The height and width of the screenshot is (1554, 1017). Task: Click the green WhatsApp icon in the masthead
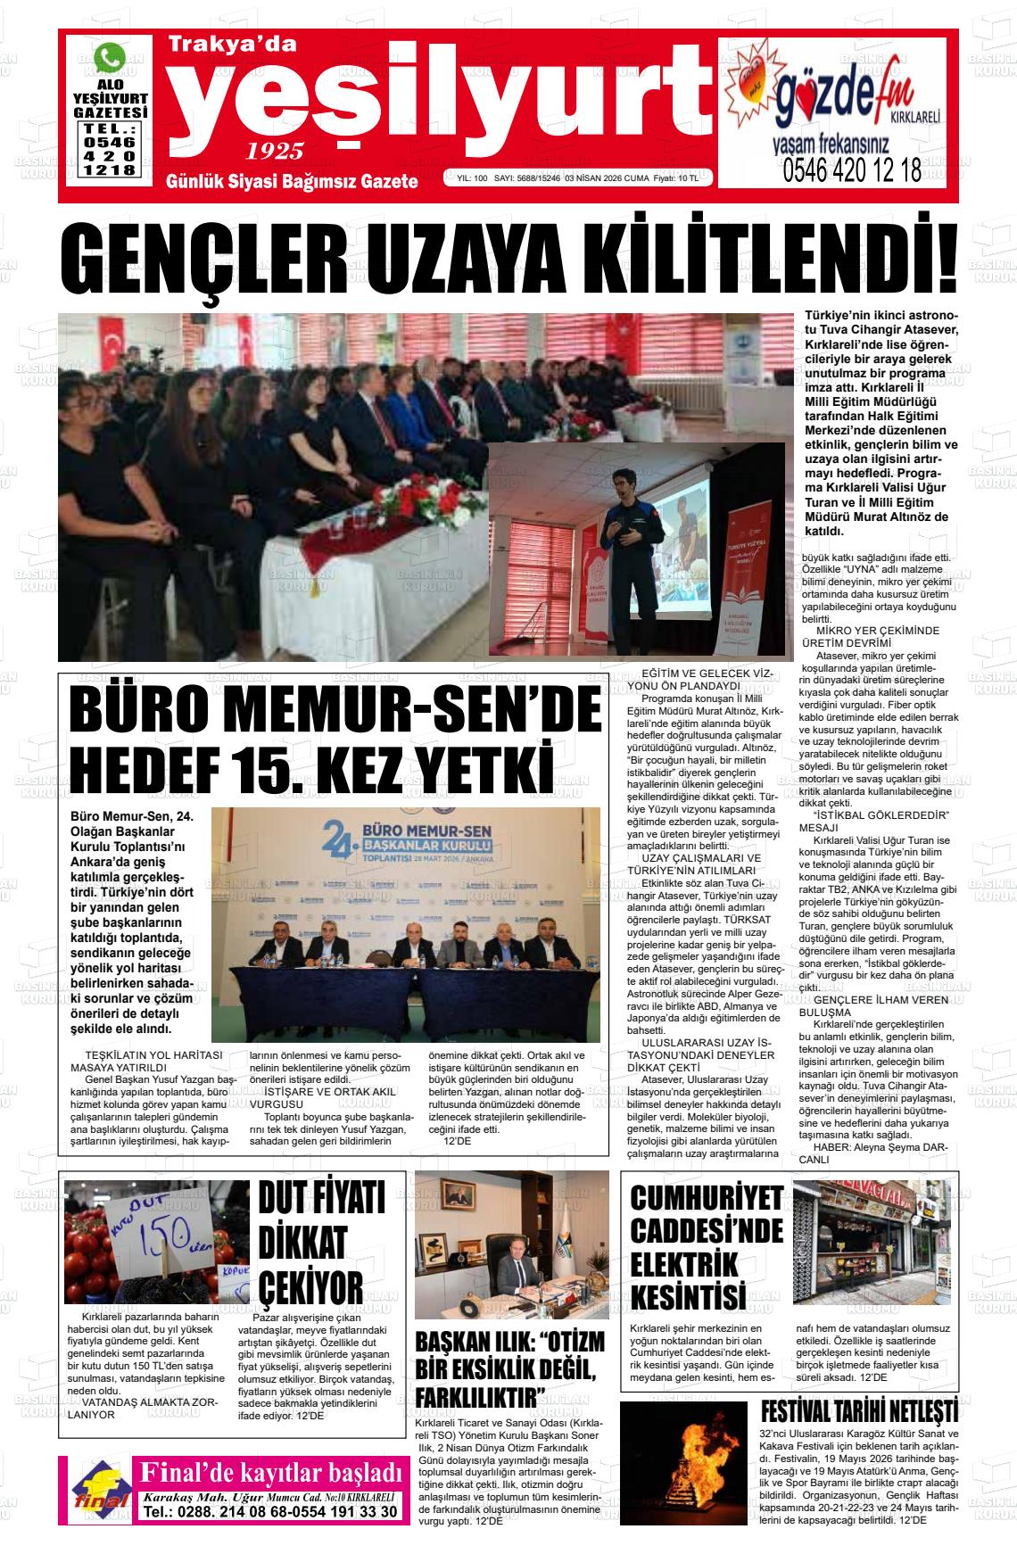click(110, 60)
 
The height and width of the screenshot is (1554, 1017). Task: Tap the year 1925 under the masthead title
click(275, 151)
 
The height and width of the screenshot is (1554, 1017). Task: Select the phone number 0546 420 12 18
click(851, 170)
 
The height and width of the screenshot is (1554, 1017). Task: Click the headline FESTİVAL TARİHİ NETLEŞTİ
click(858, 1412)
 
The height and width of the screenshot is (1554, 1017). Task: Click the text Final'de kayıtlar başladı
click(265, 1470)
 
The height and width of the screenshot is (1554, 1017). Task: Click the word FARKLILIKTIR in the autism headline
click(480, 1394)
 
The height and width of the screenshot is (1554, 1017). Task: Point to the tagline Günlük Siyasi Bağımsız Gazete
click(292, 182)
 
